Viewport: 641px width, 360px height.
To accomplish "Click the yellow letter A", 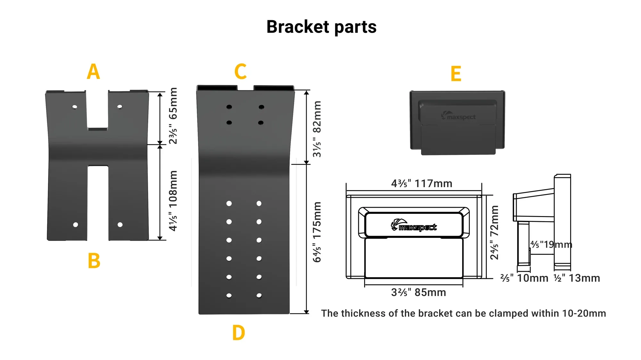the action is [93, 71].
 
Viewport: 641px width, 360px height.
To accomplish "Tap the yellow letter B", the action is [94, 261].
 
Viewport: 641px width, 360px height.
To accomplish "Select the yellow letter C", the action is [240, 71].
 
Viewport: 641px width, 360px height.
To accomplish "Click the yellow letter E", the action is [456, 74].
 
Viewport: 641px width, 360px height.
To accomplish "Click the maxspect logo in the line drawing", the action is [413, 225].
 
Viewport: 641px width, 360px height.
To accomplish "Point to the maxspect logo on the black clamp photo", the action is [458, 116].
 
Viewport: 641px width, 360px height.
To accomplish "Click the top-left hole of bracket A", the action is [75, 107].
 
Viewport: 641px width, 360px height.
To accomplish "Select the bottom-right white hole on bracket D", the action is [259, 296].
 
